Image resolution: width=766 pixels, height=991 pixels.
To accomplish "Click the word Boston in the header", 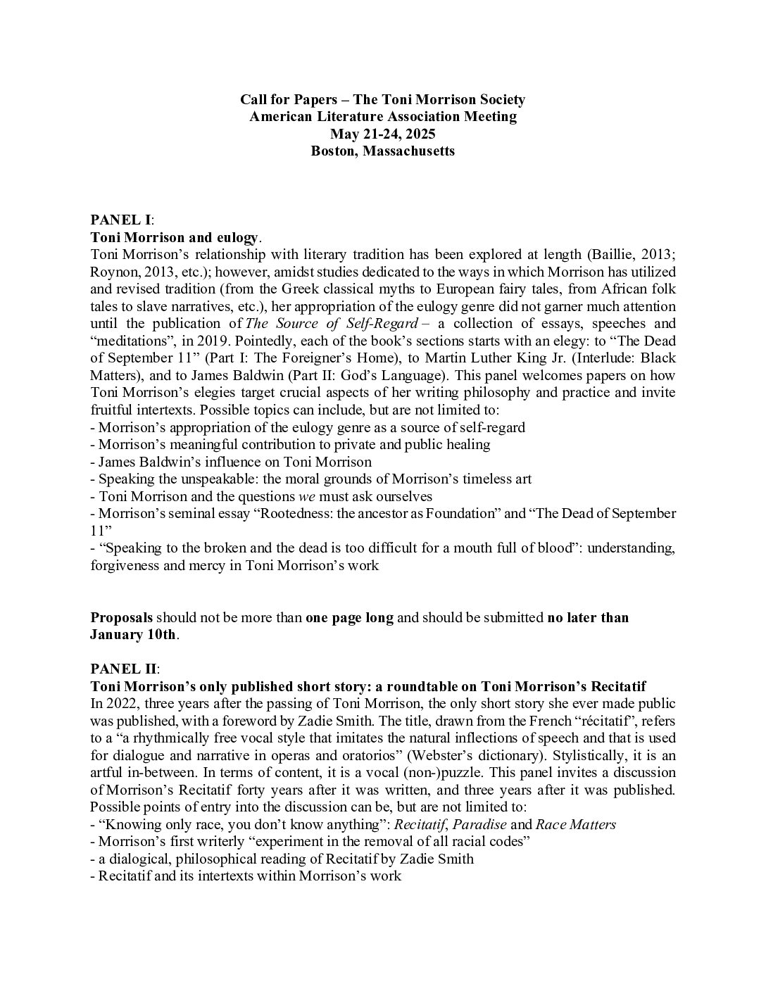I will [x=333, y=151].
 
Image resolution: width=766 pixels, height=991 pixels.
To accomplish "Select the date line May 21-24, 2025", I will [x=382, y=134].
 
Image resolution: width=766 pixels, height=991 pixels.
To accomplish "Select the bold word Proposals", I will [x=121, y=618].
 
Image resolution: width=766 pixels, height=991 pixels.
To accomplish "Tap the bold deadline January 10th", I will [x=132, y=635].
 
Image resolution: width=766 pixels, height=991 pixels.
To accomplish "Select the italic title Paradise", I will [x=479, y=824].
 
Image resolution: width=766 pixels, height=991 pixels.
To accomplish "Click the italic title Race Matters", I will [x=575, y=824].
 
